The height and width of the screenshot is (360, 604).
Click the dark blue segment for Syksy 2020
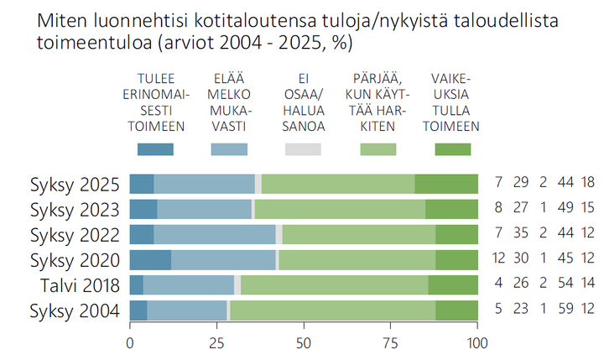pos(150,260)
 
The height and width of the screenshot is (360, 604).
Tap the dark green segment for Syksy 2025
pos(446,184)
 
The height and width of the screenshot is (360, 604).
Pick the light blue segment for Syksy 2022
pos(215,235)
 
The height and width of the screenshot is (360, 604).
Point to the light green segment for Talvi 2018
pos(334,286)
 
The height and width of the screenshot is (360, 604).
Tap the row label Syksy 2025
pos(75,184)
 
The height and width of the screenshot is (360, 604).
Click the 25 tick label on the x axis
pos(216,342)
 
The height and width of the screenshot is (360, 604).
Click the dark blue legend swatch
pos(155,149)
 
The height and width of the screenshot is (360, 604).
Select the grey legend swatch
pos(303,149)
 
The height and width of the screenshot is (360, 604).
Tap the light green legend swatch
pos(377,149)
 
